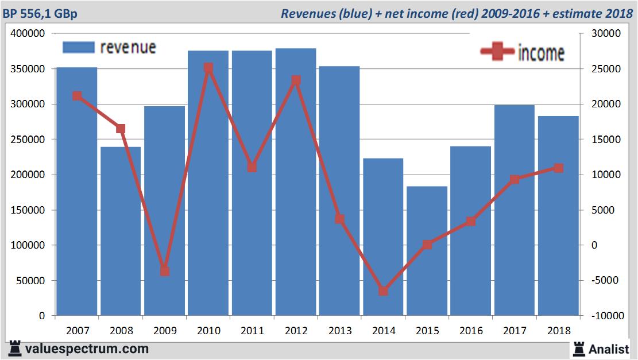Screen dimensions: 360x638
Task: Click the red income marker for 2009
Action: pos(165,271)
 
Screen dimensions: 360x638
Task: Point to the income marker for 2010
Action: pos(208,68)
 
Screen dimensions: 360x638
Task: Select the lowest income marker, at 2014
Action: pos(384,291)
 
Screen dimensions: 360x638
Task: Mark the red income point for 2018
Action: pos(558,168)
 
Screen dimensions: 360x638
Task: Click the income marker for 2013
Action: pos(339,219)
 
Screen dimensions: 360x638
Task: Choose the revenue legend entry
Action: pos(109,47)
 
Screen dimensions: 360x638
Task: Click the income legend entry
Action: pos(523,53)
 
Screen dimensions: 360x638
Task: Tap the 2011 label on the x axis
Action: pos(252,331)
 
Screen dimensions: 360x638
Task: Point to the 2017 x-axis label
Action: pos(515,331)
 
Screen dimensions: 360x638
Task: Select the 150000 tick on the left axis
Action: pos(28,210)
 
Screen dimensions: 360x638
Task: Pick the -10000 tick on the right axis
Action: pos(603,316)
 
